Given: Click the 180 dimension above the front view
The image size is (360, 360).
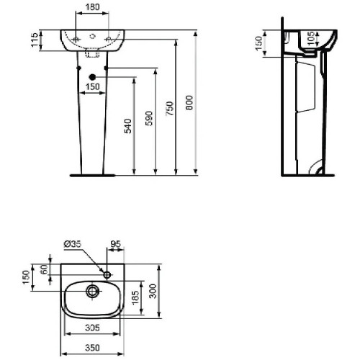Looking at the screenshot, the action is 92,7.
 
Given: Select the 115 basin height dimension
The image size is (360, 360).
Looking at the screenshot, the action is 35,40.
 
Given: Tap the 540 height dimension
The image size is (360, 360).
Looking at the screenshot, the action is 128,126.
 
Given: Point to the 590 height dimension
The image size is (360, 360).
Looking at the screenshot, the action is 149,118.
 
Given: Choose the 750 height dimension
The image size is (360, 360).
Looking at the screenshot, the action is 170,109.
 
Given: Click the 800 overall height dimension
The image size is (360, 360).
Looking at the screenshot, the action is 189,103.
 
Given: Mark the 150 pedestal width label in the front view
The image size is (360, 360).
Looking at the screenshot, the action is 93,86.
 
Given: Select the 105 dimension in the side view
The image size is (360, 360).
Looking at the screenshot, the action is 311,38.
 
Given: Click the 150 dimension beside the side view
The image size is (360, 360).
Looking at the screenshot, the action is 259,43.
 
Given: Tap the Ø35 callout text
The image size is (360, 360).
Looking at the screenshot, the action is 73,244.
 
